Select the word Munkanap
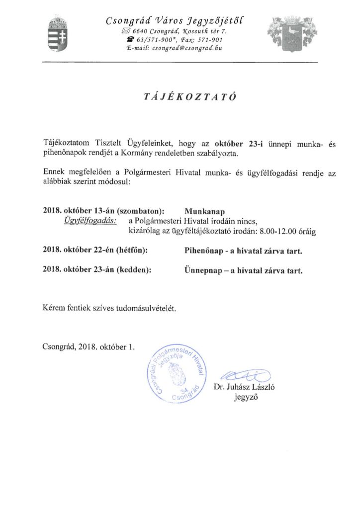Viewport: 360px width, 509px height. (x=200, y=211)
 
